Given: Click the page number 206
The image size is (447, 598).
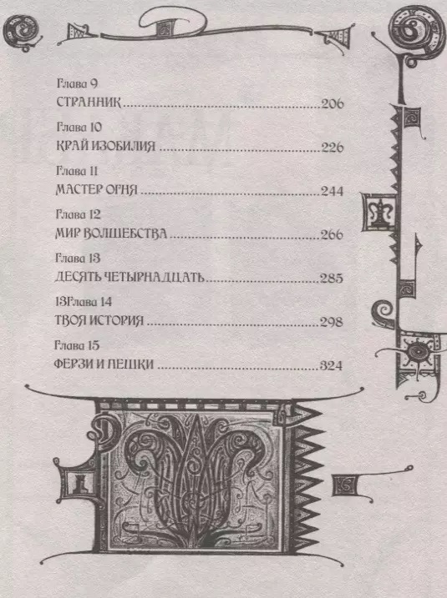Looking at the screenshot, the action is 333,103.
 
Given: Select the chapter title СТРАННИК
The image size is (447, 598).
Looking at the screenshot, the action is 89,103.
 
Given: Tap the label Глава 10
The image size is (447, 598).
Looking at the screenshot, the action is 79,127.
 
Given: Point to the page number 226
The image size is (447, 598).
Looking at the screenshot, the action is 333,148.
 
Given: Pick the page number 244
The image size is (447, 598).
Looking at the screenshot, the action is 332,191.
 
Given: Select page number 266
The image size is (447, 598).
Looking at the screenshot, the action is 332,234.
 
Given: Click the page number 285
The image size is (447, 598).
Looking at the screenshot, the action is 332,279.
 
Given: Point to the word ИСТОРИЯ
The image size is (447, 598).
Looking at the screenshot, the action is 117,321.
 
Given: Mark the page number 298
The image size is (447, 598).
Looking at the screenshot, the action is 331,322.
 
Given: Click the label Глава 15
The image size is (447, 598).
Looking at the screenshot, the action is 77,345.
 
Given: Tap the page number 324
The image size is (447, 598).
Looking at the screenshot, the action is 331,366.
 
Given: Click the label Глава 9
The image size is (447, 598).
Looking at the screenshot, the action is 77,83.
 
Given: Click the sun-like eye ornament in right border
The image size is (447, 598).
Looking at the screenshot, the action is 417,352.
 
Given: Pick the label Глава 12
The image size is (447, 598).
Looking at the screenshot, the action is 78,214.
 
